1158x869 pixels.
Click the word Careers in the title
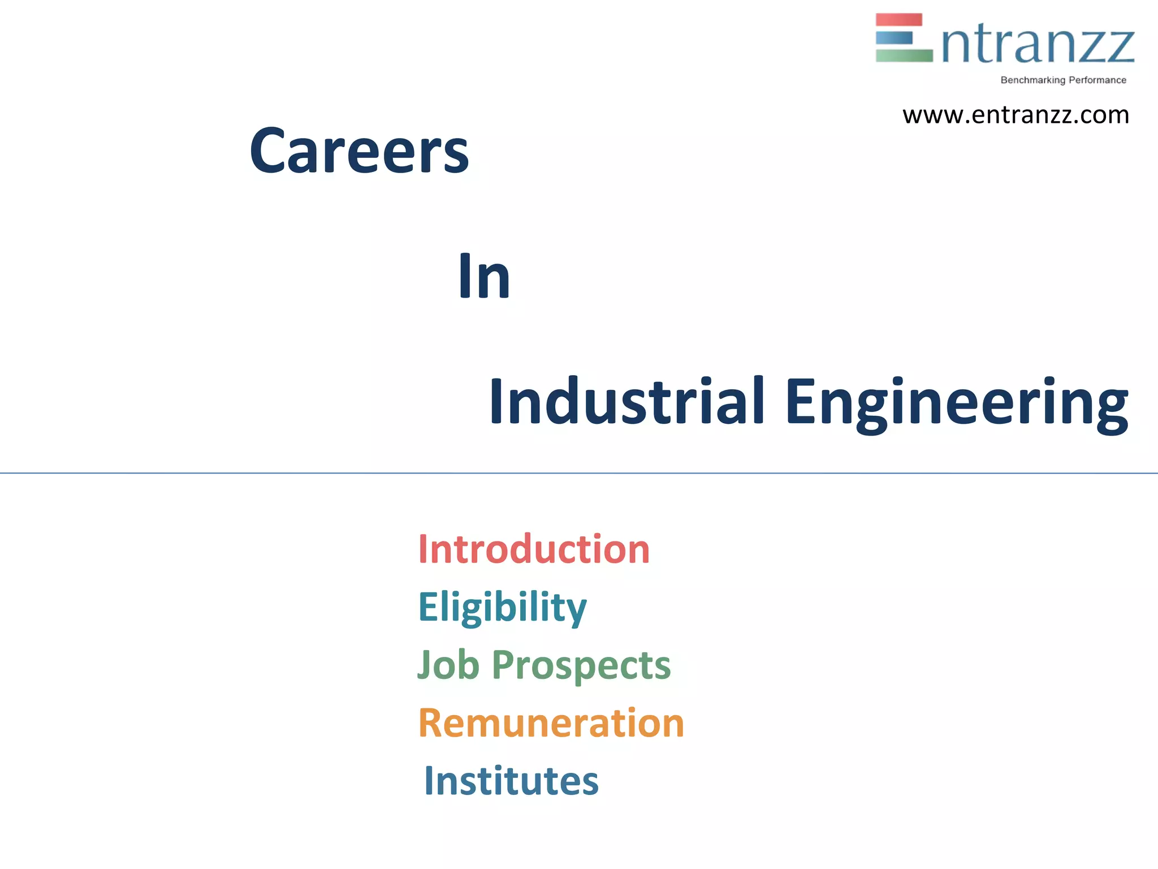(359, 151)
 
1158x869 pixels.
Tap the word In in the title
(484, 277)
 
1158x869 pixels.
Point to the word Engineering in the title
(956, 403)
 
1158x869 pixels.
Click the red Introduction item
(534, 549)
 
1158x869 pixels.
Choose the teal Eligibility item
(502, 607)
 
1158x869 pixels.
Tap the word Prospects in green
(581, 665)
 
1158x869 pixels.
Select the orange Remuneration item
(551, 723)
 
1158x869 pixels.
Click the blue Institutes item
(511, 781)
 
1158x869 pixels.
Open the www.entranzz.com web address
(1016, 115)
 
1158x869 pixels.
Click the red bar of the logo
(898, 20)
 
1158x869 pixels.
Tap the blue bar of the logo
(894, 38)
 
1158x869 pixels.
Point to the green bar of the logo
(904, 55)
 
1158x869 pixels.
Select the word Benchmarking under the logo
(1032, 80)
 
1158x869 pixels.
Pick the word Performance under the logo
(1097, 80)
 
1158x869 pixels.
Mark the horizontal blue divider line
(579, 473)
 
